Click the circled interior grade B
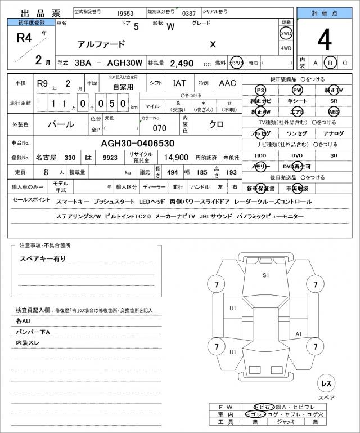[331, 63]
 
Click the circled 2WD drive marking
[286, 33]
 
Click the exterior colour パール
[61, 123]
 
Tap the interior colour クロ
[216, 123]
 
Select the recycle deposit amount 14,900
[175, 158]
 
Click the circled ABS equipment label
[335, 111]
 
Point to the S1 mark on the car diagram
[266, 275]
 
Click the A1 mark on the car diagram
[299, 334]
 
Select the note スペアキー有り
[43, 258]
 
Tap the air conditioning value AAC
[227, 83]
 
